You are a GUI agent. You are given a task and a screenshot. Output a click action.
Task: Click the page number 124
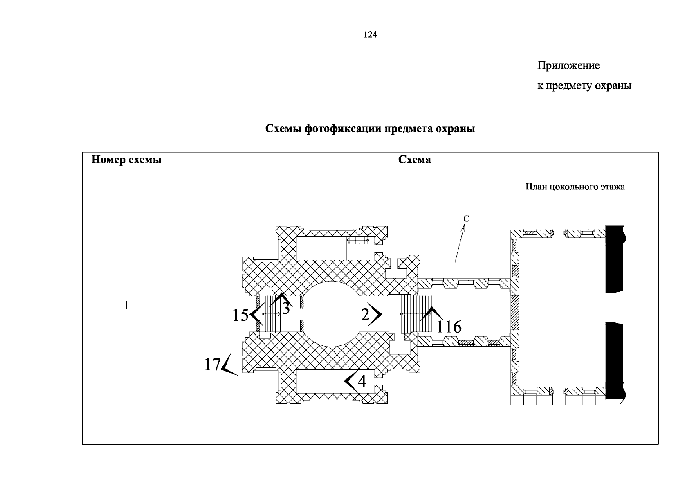[370, 34]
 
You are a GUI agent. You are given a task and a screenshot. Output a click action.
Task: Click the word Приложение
[568, 65]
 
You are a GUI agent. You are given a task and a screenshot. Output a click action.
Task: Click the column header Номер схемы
[126, 160]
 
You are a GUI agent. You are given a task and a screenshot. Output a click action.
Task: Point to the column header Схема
[415, 160]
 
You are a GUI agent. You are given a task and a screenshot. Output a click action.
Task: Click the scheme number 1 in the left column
[126, 305]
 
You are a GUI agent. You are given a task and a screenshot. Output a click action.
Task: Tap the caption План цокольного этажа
[575, 187]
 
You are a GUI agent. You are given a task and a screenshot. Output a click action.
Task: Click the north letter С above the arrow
[466, 218]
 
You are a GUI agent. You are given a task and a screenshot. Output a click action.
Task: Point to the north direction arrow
[460, 243]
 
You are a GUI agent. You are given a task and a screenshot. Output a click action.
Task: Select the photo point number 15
[240, 315]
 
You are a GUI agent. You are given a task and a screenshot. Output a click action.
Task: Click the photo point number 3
[286, 308]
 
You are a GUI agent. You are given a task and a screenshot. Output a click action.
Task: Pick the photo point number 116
[449, 327]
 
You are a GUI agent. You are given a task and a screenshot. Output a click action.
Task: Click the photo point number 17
[212, 365]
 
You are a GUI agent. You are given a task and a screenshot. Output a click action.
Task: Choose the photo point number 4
[362, 381]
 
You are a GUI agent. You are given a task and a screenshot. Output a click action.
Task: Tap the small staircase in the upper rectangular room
[357, 240]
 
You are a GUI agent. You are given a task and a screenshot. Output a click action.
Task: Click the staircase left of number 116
[416, 314]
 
